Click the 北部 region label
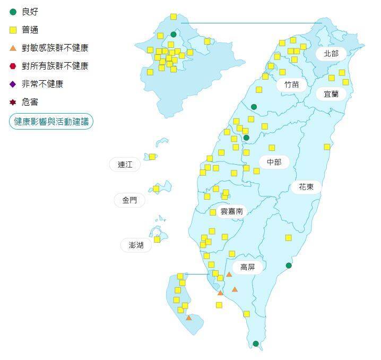point(331,53)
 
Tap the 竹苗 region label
point(291,84)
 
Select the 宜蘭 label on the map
point(331,94)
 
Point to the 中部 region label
point(274,162)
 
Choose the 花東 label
point(306,187)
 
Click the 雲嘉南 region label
point(231,211)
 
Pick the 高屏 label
point(247,267)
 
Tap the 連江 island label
point(125,165)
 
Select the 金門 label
point(129,200)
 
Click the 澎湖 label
point(132,245)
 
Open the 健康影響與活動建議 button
point(51,122)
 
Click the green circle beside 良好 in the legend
point(13,12)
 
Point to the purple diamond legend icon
point(13,84)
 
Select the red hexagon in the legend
point(13,66)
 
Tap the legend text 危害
point(30,102)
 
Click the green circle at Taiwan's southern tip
point(256,344)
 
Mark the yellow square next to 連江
point(152,157)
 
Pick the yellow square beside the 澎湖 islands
point(157,239)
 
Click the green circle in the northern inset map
point(174,35)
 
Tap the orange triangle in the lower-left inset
point(189,318)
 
